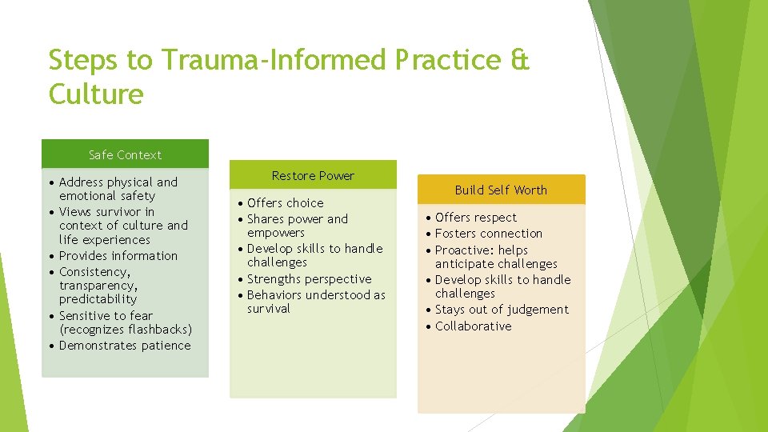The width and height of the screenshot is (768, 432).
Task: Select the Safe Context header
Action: (x=125, y=154)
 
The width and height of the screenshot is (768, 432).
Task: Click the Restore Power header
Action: (x=313, y=175)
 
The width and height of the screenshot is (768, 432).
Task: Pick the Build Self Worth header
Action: (x=501, y=190)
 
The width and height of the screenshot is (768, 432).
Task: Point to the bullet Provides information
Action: (x=118, y=255)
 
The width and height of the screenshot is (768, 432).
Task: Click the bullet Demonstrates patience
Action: (x=125, y=345)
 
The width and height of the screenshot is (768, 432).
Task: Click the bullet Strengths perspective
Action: (x=309, y=278)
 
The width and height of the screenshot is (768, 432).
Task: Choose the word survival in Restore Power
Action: (x=269, y=309)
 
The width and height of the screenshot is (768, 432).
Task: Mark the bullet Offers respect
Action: (x=476, y=217)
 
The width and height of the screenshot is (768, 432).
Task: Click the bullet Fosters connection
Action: (x=489, y=233)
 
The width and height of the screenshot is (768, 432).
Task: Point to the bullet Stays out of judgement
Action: (x=502, y=309)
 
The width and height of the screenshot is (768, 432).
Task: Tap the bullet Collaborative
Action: (x=473, y=326)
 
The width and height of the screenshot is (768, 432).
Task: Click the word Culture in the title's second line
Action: (x=95, y=95)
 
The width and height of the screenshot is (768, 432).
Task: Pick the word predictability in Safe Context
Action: (x=98, y=299)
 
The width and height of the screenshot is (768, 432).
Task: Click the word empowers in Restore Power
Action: (x=276, y=233)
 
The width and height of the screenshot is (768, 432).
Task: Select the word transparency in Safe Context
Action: (x=98, y=286)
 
